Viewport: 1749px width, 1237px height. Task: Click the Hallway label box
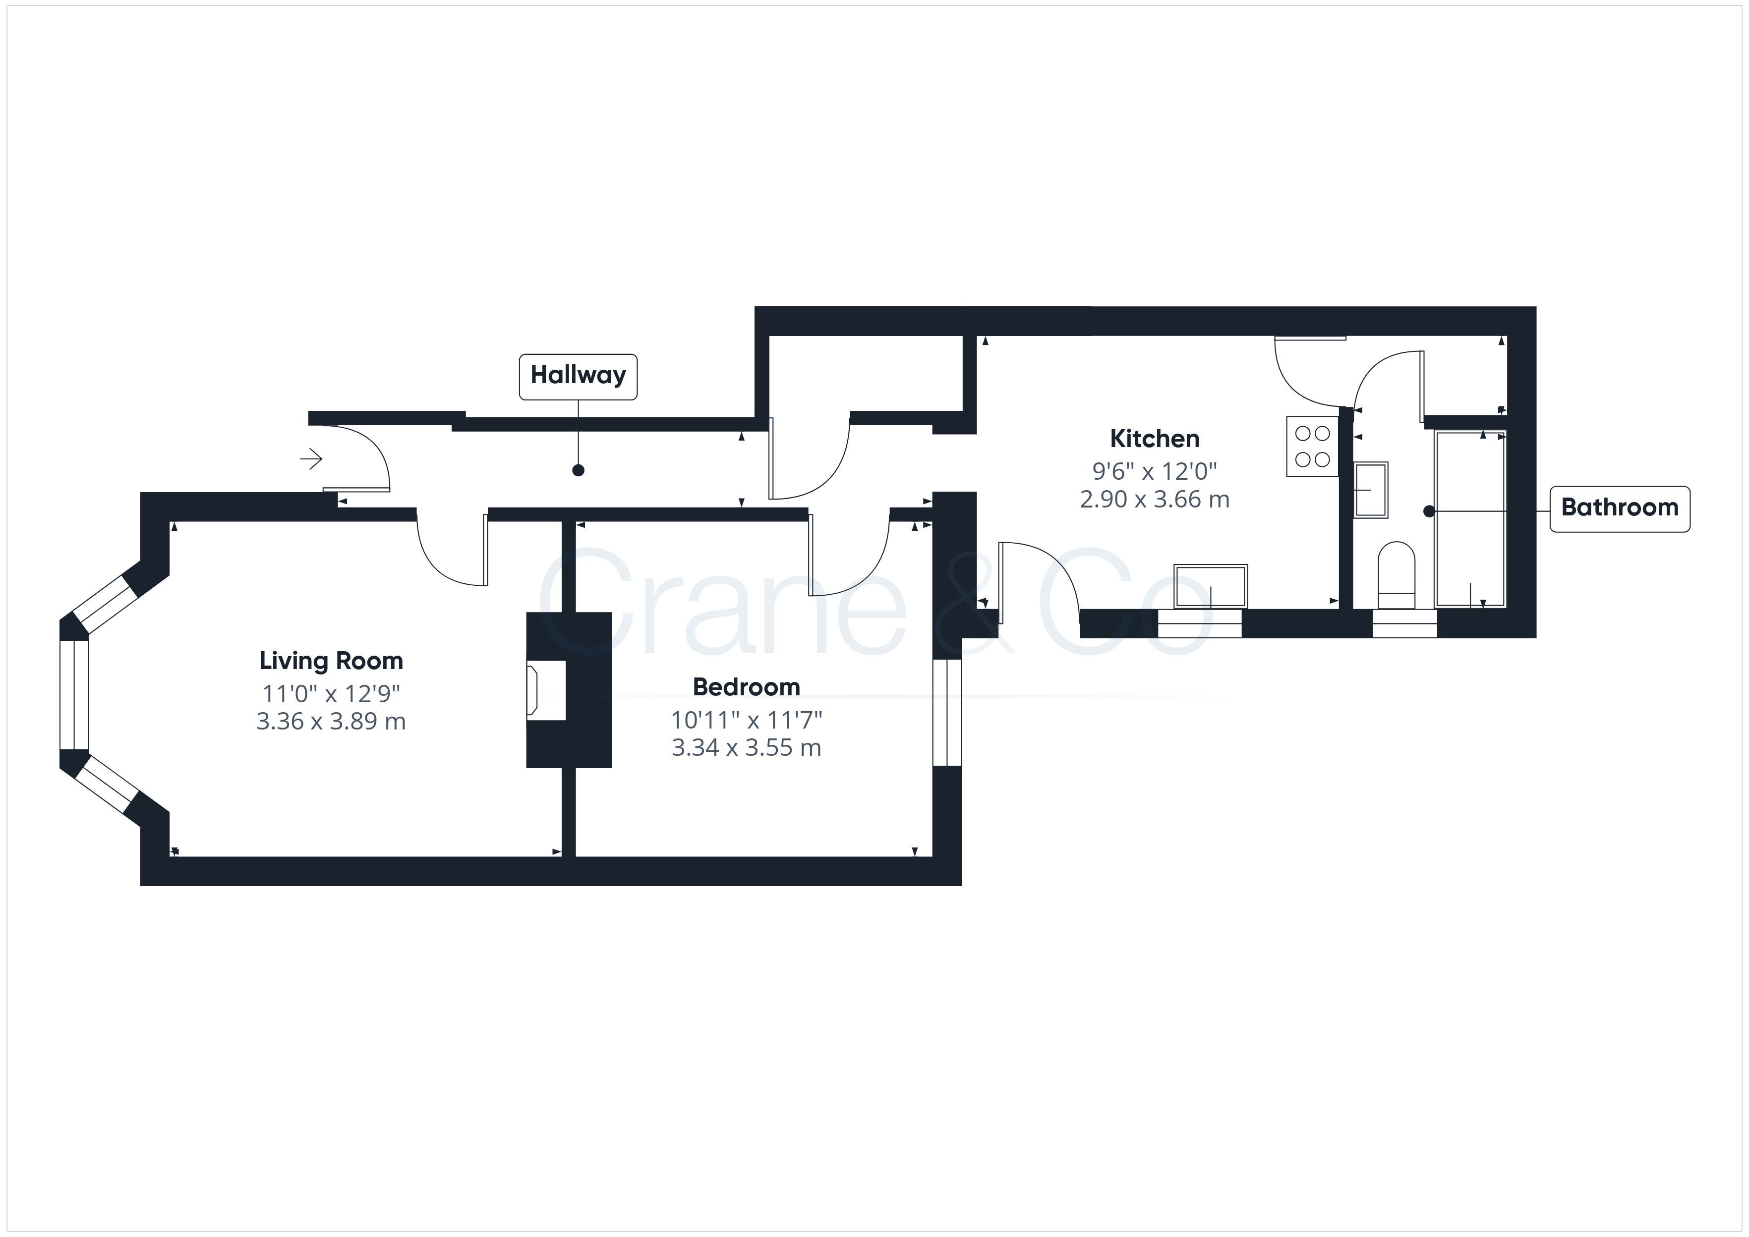pos(578,376)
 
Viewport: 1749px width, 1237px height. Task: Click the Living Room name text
pos(331,661)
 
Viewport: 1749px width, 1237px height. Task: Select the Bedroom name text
pos(747,687)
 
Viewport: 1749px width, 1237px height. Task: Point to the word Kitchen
pos(1155,439)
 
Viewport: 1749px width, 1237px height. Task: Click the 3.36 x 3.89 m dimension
pos(331,721)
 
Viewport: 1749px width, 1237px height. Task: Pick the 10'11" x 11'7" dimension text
pos(747,720)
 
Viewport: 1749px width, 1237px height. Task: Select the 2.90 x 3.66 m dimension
pos(1155,500)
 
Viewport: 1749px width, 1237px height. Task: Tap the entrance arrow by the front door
pos(311,459)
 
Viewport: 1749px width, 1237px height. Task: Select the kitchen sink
pos(1211,586)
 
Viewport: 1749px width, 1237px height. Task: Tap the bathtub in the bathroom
pos(1470,519)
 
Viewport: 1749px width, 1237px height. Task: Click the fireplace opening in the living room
pos(546,689)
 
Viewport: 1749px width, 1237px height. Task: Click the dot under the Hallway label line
pos(578,471)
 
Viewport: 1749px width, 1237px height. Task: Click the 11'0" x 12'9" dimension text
pos(331,694)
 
